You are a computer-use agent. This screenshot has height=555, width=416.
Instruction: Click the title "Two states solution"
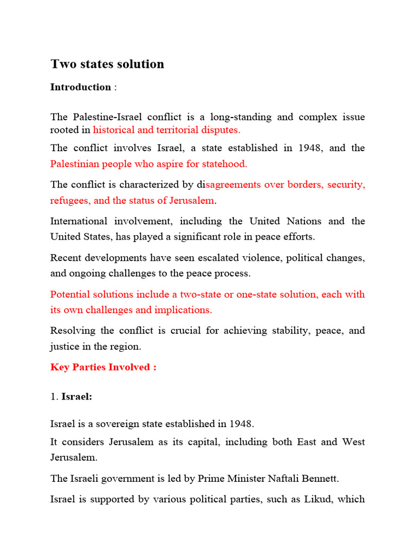coord(107,64)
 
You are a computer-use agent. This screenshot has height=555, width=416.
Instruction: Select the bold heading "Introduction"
coord(81,87)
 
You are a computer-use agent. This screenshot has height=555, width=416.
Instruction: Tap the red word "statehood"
coord(224,163)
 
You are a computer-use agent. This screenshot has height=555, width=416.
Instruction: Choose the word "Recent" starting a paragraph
coord(66,257)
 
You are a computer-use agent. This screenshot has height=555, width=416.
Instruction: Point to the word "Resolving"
coord(71,331)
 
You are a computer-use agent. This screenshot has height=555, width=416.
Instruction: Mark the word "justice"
coord(64,346)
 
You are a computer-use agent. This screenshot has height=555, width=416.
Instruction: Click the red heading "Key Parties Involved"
coord(103,367)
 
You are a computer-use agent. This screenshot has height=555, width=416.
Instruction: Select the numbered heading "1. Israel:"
coord(71,397)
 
